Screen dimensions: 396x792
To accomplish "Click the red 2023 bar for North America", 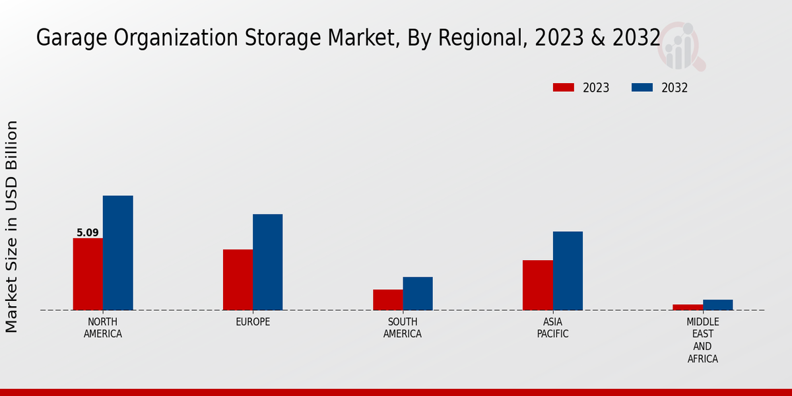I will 88,274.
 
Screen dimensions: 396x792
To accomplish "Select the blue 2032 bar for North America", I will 117,253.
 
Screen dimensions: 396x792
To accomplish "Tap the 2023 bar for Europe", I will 238,280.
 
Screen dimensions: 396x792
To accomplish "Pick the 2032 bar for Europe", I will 267,262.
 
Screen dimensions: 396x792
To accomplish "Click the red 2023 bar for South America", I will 387,300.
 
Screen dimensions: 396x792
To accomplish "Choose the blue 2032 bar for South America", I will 418,294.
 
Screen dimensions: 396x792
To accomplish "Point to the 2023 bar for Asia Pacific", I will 537,285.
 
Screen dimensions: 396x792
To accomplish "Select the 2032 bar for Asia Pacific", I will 568,271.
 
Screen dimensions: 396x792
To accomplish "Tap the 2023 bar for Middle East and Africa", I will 688,307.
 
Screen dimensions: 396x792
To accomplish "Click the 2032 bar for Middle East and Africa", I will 717,305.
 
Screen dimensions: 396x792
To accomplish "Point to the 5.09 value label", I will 88,233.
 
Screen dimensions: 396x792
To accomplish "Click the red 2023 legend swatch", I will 563,88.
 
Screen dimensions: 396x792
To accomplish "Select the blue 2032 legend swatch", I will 642,88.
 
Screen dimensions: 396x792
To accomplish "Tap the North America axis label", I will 103,328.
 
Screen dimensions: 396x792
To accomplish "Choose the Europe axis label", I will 253,322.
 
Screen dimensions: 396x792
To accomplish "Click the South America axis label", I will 403,328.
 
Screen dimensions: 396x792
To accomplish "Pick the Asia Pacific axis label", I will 553,328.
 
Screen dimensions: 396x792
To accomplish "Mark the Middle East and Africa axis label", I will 703,341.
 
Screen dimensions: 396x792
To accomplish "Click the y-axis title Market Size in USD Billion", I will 13,226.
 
